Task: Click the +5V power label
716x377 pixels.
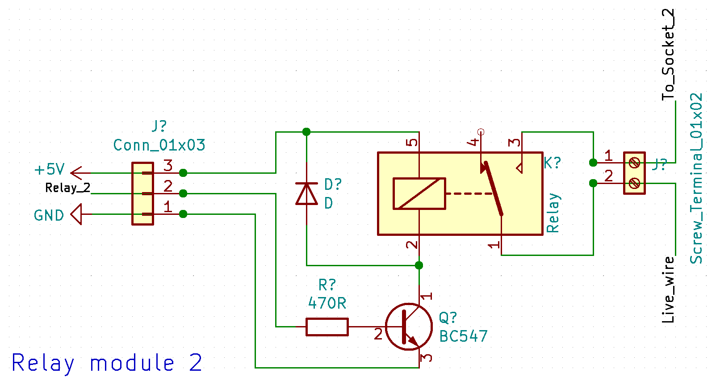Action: [x=49, y=169]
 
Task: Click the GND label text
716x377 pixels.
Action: [x=49, y=215]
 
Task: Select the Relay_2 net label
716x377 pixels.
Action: [x=67, y=188]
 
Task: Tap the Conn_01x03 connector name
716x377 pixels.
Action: [x=159, y=145]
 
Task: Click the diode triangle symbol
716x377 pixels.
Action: [x=306, y=194]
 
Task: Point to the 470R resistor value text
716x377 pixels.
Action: [x=327, y=303]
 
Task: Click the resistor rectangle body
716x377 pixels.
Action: [x=327, y=327]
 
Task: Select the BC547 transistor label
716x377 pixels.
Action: [x=463, y=336]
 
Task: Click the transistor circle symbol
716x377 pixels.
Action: [x=409, y=327]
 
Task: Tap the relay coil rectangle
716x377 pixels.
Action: [x=419, y=193]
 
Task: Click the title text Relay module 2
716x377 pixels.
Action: [x=106, y=363]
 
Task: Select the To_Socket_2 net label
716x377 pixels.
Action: [x=668, y=54]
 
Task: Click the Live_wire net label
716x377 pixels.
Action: [x=668, y=289]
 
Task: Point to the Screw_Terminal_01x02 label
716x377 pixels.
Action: [x=696, y=179]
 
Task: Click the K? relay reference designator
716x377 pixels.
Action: [x=552, y=163]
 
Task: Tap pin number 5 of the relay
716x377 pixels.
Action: [x=412, y=142]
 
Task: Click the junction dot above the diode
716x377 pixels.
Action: [x=306, y=132]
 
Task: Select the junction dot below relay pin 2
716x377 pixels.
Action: [x=419, y=265]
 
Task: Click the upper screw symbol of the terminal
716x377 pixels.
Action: [x=634, y=163]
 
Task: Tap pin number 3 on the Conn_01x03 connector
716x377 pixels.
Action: [x=168, y=165]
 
